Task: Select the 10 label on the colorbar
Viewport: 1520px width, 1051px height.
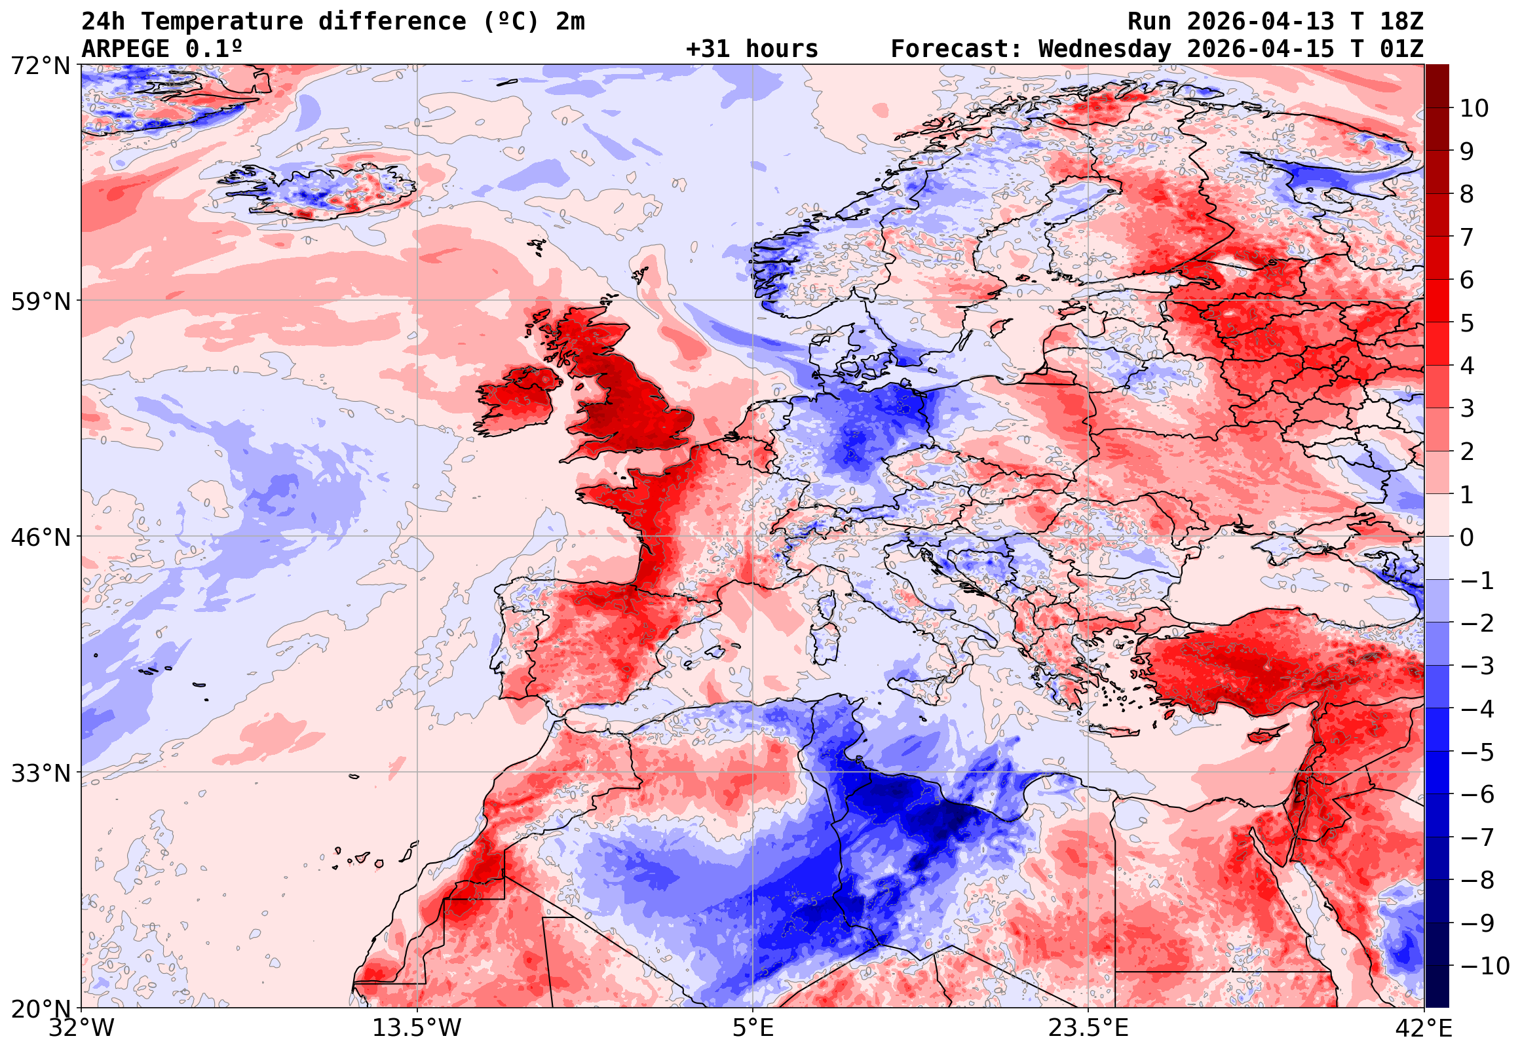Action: point(1474,109)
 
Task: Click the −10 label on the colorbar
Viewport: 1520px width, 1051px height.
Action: point(1485,966)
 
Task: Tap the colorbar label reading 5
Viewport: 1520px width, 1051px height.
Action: point(1467,323)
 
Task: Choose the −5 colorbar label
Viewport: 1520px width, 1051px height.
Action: point(1477,752)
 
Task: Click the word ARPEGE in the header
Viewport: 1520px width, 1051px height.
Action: point(126,49)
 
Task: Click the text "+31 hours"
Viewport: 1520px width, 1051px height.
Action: point(751,49)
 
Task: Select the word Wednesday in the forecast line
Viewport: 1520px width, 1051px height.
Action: point(1105,49)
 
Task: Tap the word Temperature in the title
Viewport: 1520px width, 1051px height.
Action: point(222,22)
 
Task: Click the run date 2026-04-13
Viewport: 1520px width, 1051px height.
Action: point(1261,22)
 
